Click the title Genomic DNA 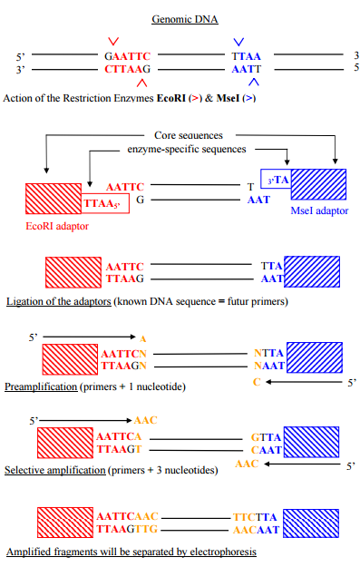[179, 18]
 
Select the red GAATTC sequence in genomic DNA [126, 56]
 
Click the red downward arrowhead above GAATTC [112, 42]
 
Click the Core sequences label [188, 134]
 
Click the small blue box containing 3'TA [275, 180]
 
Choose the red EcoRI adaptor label [59, 225]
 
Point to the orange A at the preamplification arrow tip [142, 338]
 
